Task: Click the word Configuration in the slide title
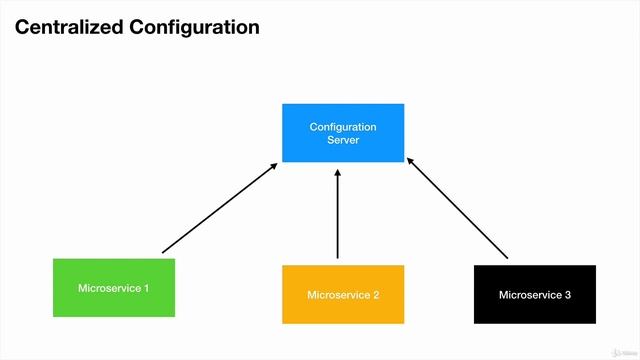[195, 27]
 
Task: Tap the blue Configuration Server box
[343, 133]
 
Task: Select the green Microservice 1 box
[113, 288]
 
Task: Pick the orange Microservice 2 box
[343, 294]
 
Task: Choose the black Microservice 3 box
[534, 294]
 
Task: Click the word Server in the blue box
[343, 141]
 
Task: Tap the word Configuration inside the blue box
[343, 127]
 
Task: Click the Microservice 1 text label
[113, 289]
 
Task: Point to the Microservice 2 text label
[343, 295]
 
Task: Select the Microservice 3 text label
[534, 295]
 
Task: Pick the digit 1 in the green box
[146, 289]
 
